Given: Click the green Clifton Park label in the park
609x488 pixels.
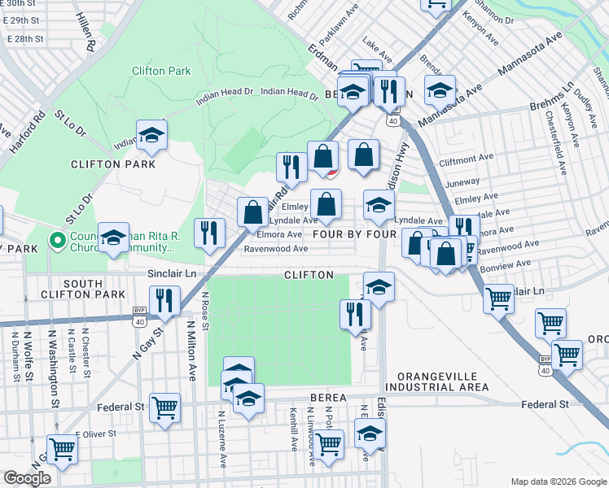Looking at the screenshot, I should tap(161, 71).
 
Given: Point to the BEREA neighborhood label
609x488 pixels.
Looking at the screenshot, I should tap(328, 398).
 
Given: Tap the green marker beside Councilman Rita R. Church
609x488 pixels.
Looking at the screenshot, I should tap(57, 241).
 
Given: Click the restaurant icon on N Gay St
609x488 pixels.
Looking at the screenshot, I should tap(164, 300).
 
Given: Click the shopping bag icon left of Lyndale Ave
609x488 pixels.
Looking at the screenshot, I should tap(253, 212).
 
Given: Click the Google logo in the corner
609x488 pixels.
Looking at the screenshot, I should tap(27, 478).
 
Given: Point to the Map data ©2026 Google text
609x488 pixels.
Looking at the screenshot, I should tap(559, 481).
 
